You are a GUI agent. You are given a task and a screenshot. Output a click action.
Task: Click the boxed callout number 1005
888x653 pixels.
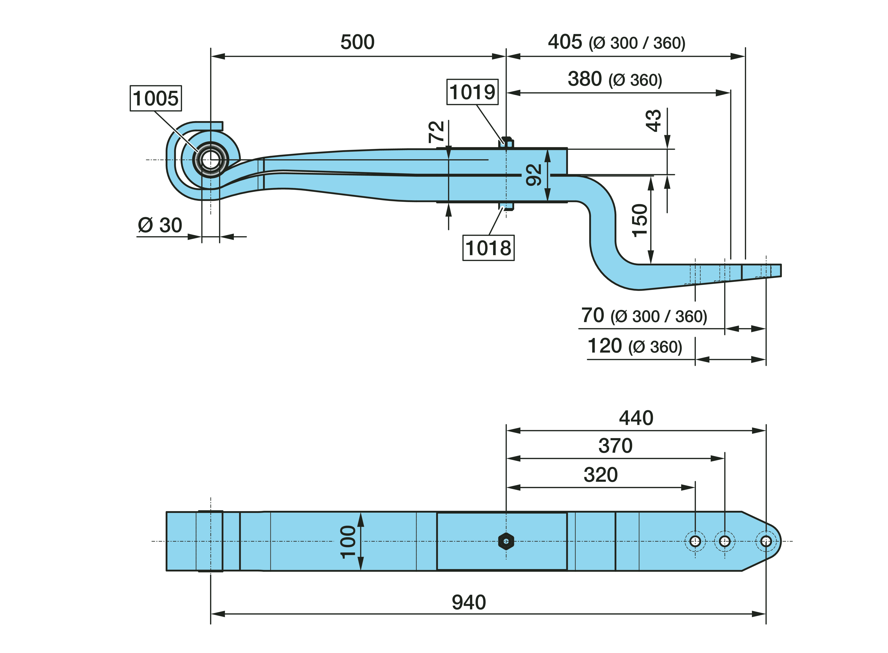click(156, 98)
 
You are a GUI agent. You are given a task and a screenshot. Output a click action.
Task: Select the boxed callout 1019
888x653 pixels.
click(472, 92)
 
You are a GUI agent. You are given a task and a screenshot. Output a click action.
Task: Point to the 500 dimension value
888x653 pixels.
click(357, 42)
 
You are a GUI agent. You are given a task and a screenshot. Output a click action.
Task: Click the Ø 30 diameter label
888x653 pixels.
click(160, 225)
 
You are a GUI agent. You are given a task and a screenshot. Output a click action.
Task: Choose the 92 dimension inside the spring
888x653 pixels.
click(534, 175)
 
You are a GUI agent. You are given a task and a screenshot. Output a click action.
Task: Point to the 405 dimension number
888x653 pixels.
click(565, 42)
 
